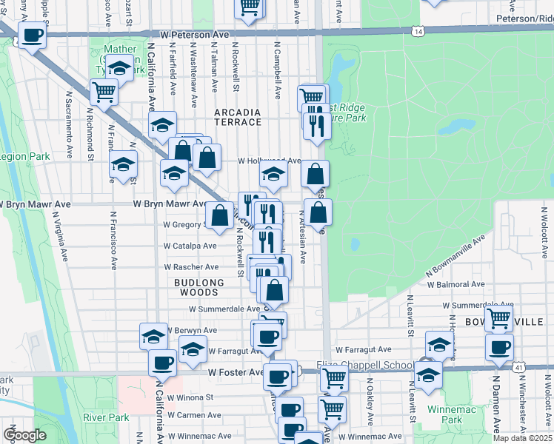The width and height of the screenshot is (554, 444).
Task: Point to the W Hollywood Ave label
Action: click(x=268, y=161)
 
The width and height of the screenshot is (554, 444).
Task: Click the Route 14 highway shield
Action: click(x=419, y=32)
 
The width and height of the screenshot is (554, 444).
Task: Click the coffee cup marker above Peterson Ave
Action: click(x=32, y=35)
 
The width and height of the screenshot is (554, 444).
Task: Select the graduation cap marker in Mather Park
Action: click(x=119, y=68)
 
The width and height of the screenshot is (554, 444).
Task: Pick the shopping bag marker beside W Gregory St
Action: click(x=219, y=216)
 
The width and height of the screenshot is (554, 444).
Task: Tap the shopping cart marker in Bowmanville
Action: click(x=498, y=319)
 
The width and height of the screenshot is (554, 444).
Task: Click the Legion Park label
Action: click(x=25, y=156)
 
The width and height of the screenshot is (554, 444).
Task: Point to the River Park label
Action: click(x=101, y=417)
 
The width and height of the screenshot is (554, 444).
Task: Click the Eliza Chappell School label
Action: click(x=364, y=365)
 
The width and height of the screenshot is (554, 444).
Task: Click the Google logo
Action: click(x=24, y=435)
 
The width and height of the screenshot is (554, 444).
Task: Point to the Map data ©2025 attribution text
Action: click(x=522, y=438)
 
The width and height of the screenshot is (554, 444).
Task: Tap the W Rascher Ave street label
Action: click(x=191, y=266)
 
